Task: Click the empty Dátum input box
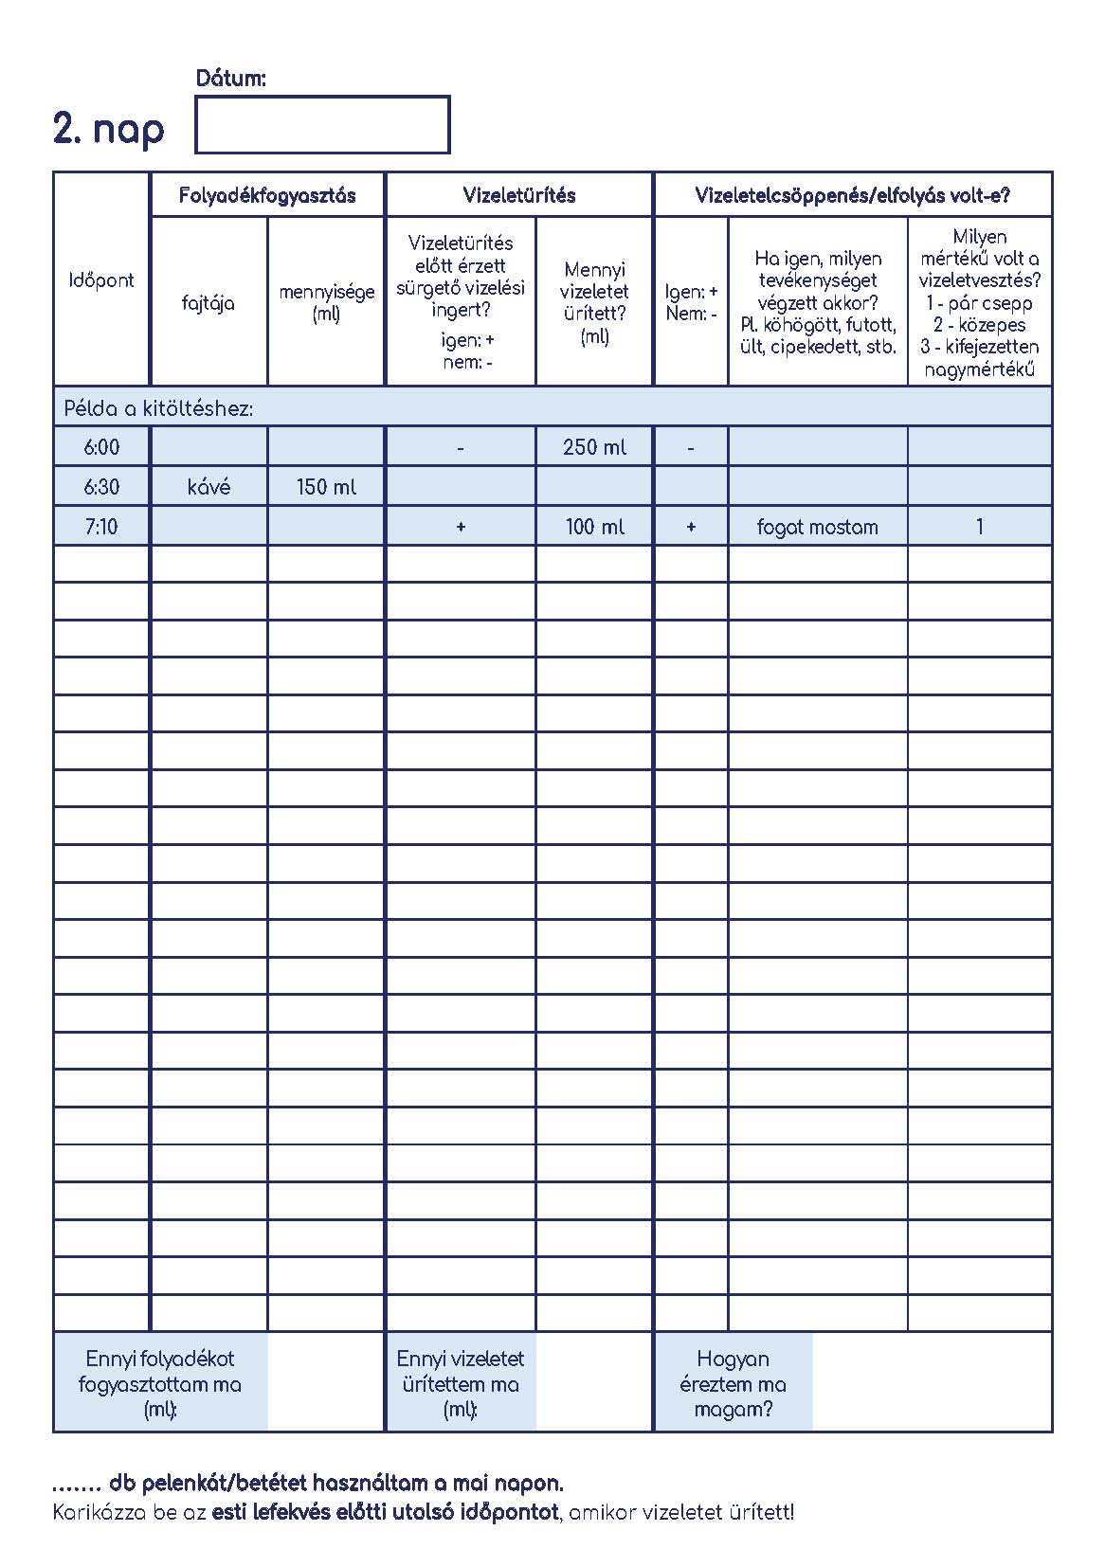point(322,124)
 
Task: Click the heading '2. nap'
point(108,128)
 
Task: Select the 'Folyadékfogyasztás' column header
point(267,195)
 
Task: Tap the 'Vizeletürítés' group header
point(519,195)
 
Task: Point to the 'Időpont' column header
point(101,280)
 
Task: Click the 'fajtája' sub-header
point(208,303)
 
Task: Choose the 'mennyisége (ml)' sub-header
point(326,302)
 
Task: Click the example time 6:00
point(101,447)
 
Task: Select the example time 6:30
point(101,487)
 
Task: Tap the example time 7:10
point(101,527)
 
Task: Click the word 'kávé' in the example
point(208,487)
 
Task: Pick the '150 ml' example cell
point(326,487)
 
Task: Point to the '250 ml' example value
point(594,447)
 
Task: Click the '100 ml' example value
point(594,527)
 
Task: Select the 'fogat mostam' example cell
point(817,527)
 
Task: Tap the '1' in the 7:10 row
point(979,527)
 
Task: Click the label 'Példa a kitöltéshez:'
point(158,409)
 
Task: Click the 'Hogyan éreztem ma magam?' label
point(733,1383)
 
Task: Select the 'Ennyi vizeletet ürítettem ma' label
point(461,1383)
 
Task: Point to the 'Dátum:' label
point(230,79)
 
